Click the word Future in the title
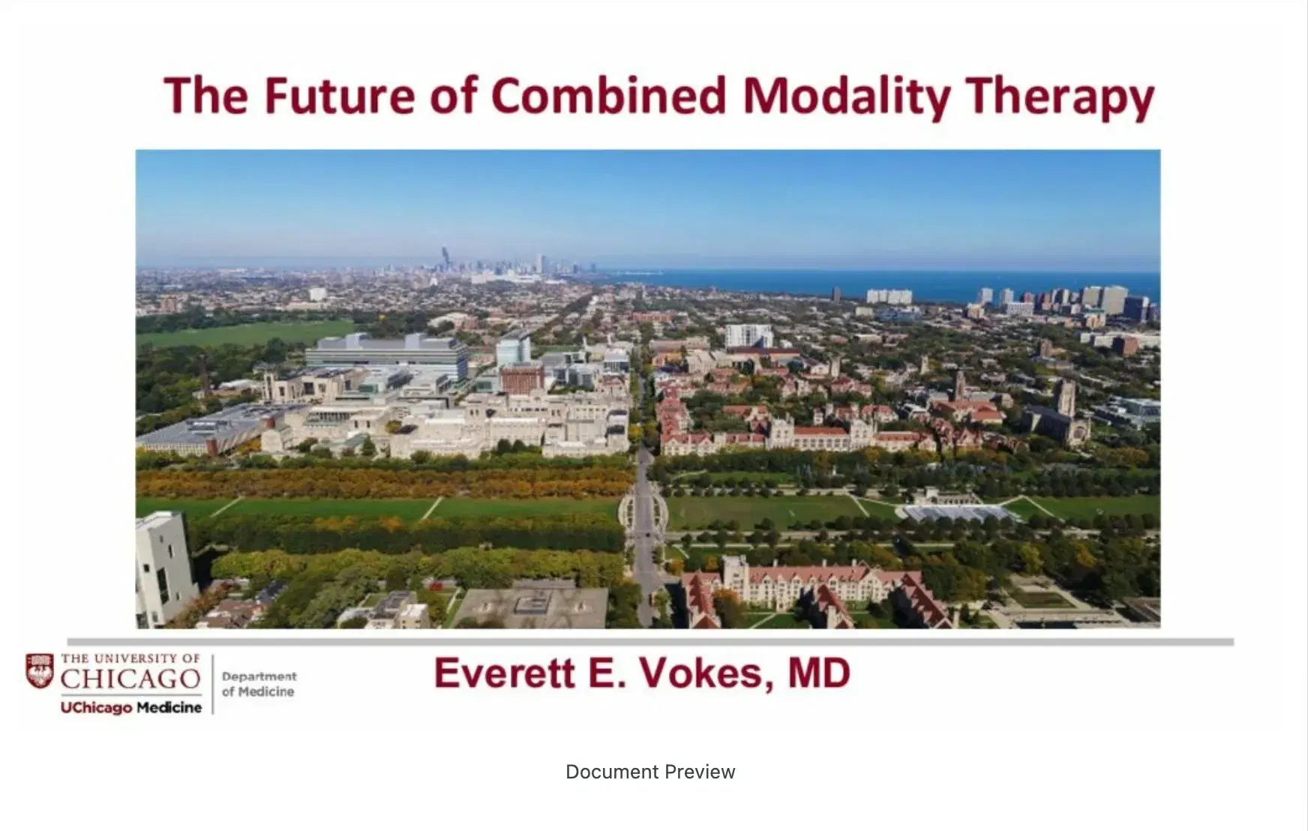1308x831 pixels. tap(338, 97)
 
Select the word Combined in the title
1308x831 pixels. tap(608, 97)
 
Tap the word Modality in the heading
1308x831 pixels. tap(846, 97)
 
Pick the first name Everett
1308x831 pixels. tap(505, 673)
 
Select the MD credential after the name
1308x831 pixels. tap(819, 673)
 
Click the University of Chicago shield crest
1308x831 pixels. tap(40, 670)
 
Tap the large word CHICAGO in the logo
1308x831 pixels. tap(130, 679)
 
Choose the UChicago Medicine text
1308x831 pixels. tap(131, 707)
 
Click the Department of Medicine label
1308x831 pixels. tap(259, 684)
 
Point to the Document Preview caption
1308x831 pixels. tap(650, 772)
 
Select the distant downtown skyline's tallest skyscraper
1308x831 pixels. tap(445, 257)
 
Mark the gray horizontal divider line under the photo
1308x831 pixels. tap(650, 642)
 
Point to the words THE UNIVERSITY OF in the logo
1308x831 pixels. tap(130, 658)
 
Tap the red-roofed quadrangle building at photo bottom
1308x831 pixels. tap(810, 589)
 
